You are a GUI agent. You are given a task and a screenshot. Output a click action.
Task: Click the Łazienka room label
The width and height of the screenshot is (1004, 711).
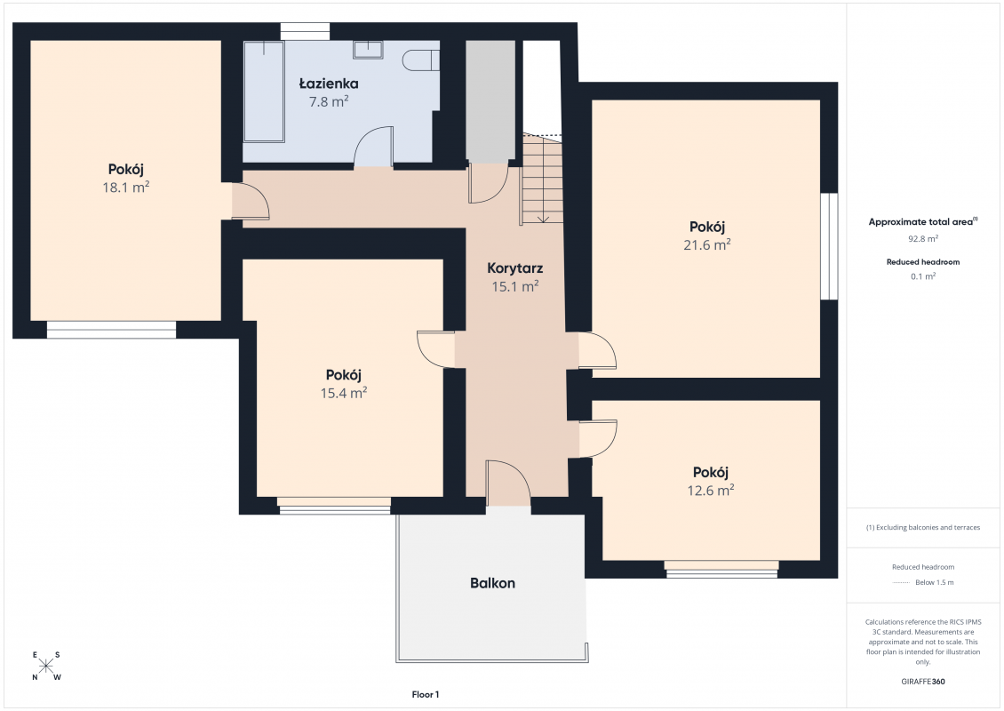329,84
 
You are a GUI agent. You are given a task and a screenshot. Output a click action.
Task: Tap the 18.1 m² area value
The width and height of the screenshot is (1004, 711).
125,187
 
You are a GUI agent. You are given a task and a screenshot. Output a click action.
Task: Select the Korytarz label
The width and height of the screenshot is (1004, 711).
514,268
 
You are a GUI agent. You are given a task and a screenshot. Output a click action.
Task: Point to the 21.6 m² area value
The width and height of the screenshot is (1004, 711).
707,244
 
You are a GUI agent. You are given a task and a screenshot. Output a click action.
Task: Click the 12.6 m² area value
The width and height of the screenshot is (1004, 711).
710,491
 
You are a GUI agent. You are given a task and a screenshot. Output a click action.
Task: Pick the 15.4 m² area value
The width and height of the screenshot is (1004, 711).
343,394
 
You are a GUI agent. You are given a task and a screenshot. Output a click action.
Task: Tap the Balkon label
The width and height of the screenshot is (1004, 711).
492,583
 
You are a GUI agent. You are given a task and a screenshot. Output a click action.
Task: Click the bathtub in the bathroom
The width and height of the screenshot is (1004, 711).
264,92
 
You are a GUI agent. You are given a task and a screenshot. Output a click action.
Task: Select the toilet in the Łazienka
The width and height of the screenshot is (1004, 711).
421,60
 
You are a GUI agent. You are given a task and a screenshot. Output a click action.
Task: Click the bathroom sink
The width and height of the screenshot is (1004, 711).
369,49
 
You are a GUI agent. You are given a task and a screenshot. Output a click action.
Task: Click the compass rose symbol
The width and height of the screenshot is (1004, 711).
46,667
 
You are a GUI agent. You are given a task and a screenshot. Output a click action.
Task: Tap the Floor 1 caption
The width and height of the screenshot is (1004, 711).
426,694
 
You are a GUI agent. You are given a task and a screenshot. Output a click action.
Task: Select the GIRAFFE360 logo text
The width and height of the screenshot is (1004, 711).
922,682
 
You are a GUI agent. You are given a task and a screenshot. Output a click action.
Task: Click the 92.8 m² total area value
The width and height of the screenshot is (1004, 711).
922,239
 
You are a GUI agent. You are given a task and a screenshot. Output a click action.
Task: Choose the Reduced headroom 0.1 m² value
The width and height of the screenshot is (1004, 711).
922,276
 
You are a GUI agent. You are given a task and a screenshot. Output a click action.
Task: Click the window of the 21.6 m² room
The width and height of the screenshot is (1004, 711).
829,246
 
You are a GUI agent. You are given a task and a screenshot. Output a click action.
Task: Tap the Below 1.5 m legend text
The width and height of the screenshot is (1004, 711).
934,582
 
